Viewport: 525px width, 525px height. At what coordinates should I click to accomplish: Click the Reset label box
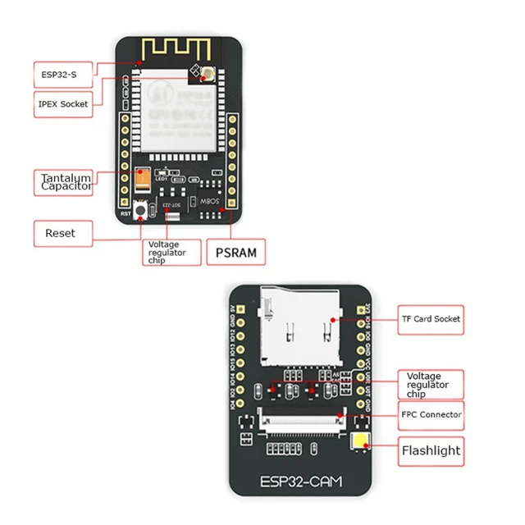click(x=62, y=233)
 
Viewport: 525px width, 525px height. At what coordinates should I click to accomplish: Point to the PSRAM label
click(x=236, y=253)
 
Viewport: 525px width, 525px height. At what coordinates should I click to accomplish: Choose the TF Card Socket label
click(x=431, y=318)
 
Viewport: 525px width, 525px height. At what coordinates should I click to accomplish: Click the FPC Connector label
click(x=431, y=414)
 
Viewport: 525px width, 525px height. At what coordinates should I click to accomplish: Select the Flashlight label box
click(x=431, y=450)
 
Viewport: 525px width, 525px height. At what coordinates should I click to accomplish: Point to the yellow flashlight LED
click(x=358, y=442)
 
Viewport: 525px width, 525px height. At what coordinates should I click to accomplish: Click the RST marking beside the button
click(x=126, y=214)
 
